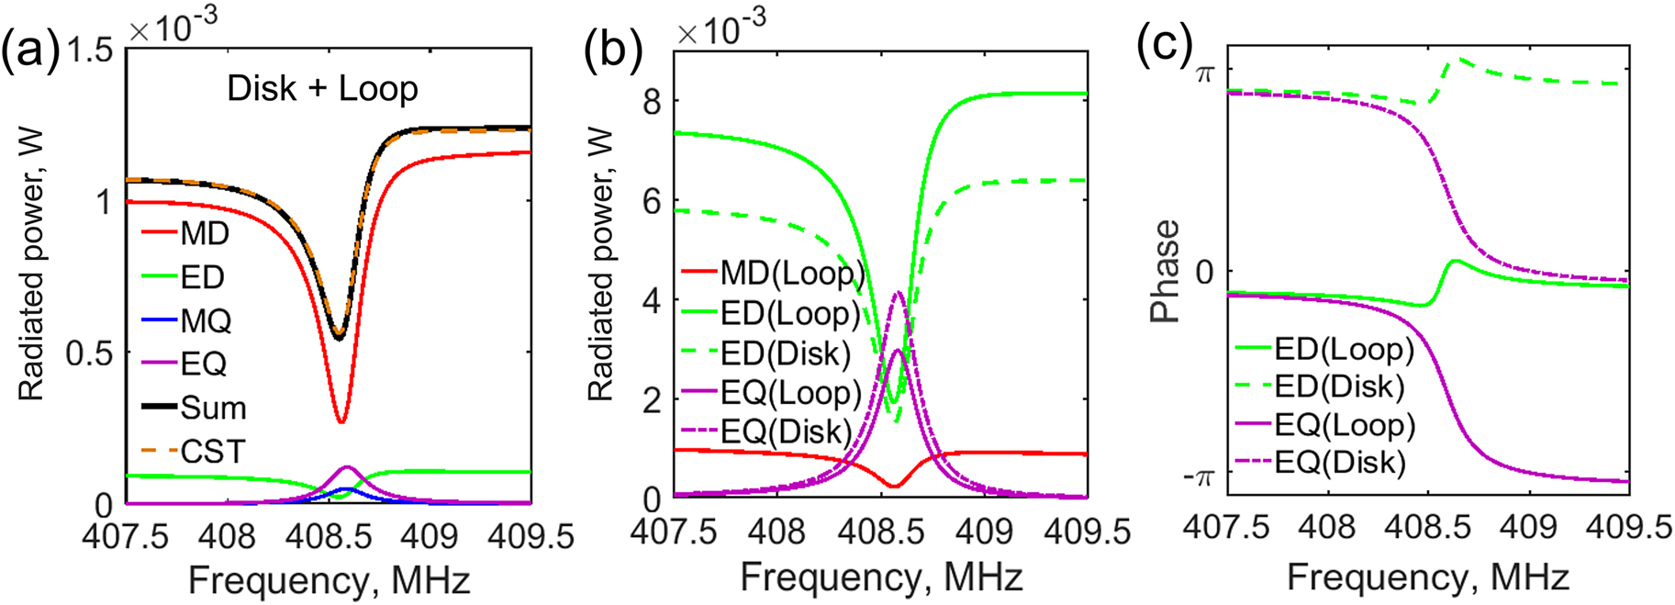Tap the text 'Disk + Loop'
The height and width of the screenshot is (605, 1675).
[x=322, y=89]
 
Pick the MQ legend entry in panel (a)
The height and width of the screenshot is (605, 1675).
[x=206, y=320]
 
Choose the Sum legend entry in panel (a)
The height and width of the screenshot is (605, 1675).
[x=213, y=408]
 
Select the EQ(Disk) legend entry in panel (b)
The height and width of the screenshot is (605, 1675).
[x=786, y=431]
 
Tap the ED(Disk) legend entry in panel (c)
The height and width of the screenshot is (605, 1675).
[x=1339, y=387]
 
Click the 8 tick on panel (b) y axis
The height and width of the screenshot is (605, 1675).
[x=651, y=101]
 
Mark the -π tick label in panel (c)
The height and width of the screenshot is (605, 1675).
[x=1197, y=478]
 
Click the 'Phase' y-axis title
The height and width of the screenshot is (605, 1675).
[x=1165, y=271]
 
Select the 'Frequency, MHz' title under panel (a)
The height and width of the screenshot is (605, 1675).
[x=329, y=581]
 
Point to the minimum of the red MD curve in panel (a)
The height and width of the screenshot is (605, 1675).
[x=341, y=421]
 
